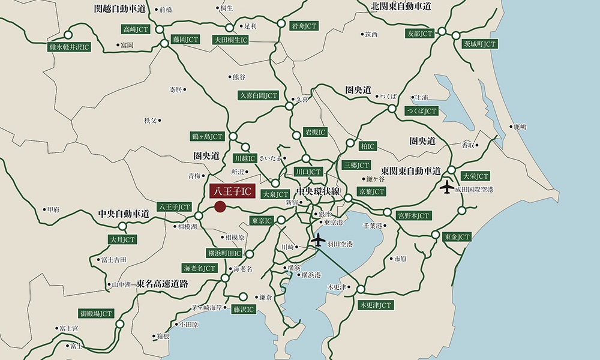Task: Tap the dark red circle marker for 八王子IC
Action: pos(220,207)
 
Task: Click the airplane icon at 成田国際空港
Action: pos(448,187)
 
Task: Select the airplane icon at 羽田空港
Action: pos(319,241)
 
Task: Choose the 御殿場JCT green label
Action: pos(96,313)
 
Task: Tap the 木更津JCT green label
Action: pos(376,305)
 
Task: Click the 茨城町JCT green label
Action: pos(479,44)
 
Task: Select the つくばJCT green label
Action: pos(421,111)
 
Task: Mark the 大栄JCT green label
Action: pos(475,176)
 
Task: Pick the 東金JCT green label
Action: pos(457,237)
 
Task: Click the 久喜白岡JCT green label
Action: pos(259,95)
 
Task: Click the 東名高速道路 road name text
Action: pos(162,284)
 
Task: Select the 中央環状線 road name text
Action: pos(318,192)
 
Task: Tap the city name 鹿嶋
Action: pos(520,127)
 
